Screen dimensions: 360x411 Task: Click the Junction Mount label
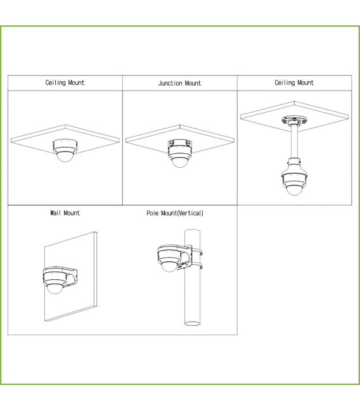pos(179,83)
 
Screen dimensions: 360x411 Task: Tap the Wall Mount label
pos(65,213)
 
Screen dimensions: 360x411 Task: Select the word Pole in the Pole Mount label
pos(153,213)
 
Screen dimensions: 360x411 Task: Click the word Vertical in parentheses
pos(190,213)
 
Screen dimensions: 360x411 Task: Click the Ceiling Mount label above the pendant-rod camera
pos(294,82)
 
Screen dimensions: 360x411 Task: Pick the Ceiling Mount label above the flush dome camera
pos(65,82)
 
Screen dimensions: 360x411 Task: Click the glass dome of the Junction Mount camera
pos(180,162)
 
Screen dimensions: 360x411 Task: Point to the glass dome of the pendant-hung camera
pos(294,190)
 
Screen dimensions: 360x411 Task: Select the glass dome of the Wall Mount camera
pos(55,289)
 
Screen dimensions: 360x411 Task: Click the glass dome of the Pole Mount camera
pos(169,267)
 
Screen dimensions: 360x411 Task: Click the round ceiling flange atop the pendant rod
pos(295,120)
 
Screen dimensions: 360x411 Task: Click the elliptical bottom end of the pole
pos(192,323)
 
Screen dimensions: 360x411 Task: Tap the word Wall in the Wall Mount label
pos(55,213)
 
